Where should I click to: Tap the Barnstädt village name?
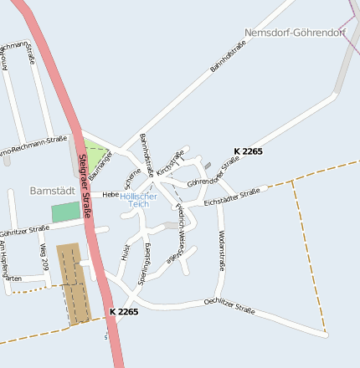click(x=52, y=191)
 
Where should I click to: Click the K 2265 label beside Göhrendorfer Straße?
click(x=248, y=151)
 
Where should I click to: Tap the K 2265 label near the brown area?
click(x=123, y=311)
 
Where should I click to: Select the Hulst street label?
click(x=125, y=253)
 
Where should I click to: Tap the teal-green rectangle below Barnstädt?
click(x=65, y=212)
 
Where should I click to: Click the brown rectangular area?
click(x=72, y=284)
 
